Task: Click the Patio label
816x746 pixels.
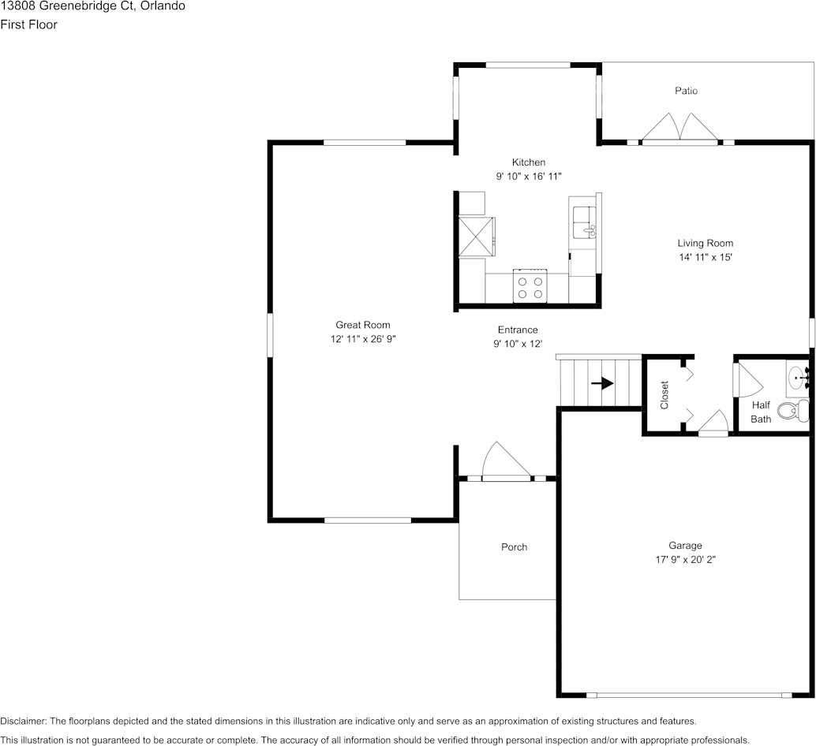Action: [x=686, y=91]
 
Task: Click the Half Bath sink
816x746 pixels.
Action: [x=798, y=377]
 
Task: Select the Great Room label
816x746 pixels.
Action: [x=362, y=325]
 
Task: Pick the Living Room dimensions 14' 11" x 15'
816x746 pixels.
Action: [x=705, y=257]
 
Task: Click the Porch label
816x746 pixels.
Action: [x=514, y=547]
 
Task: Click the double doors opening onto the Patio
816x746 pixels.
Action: [x=679, y=128]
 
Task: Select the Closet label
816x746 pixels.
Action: [x=664, y=394]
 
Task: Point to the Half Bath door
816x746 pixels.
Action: [x=747, y=380]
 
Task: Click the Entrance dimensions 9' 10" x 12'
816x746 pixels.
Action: [x=517, y=344]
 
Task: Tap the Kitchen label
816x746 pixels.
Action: [x=528, y=162]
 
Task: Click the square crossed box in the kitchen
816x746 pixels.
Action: [x=477, y=234]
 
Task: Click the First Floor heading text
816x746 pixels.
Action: [x=28, y=24]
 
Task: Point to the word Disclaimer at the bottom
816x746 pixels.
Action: [x=23, y=721]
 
